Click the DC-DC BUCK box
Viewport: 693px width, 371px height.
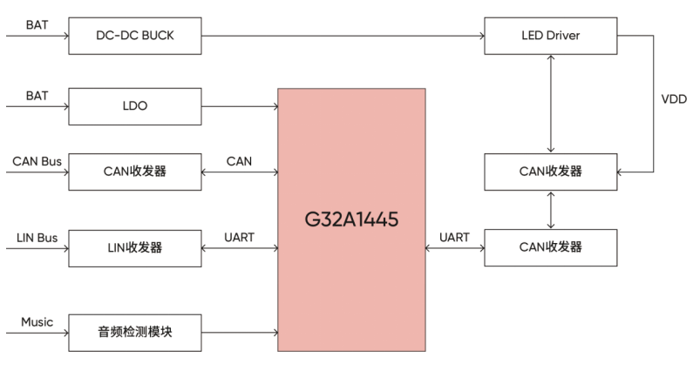pyautogui.click(x=134, y=36)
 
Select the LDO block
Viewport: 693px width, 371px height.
pyautogui.click(x=134, y=107)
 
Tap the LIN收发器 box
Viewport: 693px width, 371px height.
pyautogui.click(x=134, y=248)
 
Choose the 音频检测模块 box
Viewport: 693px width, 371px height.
pyautogui.click(x=134, y=333)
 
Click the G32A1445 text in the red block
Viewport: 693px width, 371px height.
pyautogui.click(x=352, y=219)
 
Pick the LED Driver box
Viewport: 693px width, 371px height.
pyautogui.click(x=550, y=36)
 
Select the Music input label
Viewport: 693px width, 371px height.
pyautogui.click(x=37, y=322)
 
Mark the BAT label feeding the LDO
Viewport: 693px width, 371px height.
pyautogui.click(x=37, y=95)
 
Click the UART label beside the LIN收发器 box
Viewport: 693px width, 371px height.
pyautogui.click(x=240, y=237)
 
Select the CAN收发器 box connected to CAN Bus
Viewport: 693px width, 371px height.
pyautogui.click(x=134, y=172)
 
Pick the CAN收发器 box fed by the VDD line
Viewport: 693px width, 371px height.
pyautogui.click(x=550, y=171)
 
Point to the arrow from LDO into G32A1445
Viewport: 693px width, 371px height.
pyautogui.click(x=239, y=107)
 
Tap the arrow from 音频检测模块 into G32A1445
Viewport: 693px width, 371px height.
pyautogui.click(x=239, y=333)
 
